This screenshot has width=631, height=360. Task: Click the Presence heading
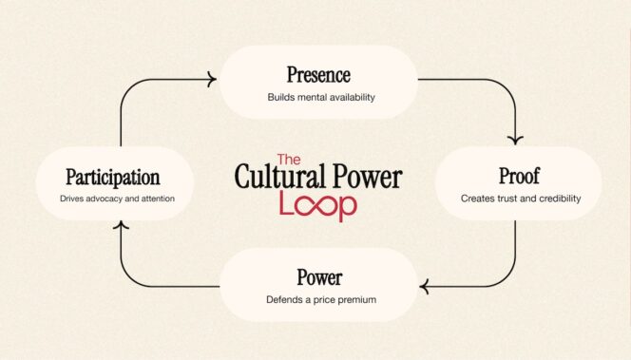[x=318, y=74]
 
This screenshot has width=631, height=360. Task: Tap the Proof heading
[x=519, y=176]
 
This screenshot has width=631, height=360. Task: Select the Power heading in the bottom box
[x=318, y=278]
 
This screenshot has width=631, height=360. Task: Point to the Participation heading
[x=113, y=177]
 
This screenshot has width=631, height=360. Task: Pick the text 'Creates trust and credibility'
[x=520, y=199]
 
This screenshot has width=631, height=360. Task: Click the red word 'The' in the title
[x=289, y=161]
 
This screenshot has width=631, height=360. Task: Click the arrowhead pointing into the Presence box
[x=210, y=81]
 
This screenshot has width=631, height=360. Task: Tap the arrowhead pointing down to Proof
[x=517, y=140]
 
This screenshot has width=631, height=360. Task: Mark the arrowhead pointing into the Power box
[x=426, y=285]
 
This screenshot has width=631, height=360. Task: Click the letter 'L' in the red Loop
[x=286, y=204]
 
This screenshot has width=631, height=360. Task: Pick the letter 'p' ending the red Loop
[x=348, y=208]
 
